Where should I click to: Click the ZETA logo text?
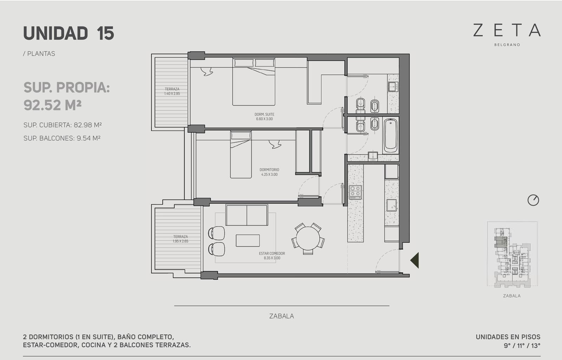pyautogui.click(x=507, y=30)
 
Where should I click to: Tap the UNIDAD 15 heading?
pyautogui.click(x=68, y=33)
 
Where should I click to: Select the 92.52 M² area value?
pyautogui.click(x=52, y=105)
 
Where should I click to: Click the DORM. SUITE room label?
pyautogui.click(x=264, y=114)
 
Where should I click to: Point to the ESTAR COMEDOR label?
pyautogui.click(x=272, y=253)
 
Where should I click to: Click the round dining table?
pyautogui.click(x=308, y=238)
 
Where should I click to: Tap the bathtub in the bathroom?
pyautogui.click(x=391, y=136)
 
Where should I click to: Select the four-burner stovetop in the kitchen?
pyautogui.click(x=355, y=192)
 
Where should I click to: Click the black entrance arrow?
pyautogui.click(x=414, y=260)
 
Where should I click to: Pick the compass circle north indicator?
pyautogui.click(x=533, y=200)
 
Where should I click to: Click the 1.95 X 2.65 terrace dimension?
pyautogui.click(x=181, y=241)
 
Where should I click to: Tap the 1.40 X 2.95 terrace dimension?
pyautogui.click(x=172, y=93)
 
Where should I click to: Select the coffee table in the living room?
pyautogui.click(x=248, y=241)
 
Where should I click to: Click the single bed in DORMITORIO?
pyautogui.click(x=241, y=155)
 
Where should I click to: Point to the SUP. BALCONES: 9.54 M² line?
pyautogui.click(x=62, y=138)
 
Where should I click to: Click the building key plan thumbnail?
pyautogui.click(x=512, y=254)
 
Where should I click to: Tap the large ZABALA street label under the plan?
pyautogui.click(x=281, y=316)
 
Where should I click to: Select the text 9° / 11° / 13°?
pyautogui.click(x=522, y=346)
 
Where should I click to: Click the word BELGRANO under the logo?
pyautogui.click(x=507, y=45)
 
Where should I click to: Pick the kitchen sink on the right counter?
pyautogui.click(x=391, y=205)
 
